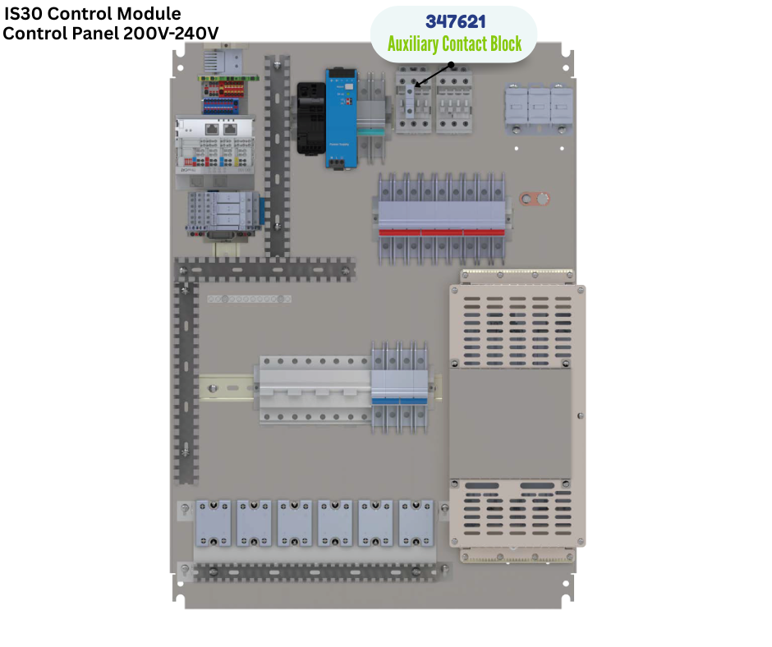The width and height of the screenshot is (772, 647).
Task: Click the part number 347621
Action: pos(456,21)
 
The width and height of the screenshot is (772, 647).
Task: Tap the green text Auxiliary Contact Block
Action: pos(454,44)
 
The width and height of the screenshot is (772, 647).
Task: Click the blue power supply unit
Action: pos(340,119)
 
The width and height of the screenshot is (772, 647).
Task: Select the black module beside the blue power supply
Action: pos(310,118)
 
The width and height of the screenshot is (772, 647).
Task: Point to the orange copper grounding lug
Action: pos(535,199)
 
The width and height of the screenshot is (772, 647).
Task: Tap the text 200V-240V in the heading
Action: pos(171,34)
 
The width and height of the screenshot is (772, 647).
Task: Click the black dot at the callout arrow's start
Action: pos(451,65)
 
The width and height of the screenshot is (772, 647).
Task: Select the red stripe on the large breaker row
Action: pos(442,232)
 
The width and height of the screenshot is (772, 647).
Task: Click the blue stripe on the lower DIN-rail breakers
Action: pos(399,402)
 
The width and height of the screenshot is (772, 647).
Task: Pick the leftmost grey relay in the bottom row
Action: pos(214,523)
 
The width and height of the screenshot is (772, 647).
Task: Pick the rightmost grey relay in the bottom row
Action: pos(416,523)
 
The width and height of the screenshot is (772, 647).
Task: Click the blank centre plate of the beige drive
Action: pos(510,424)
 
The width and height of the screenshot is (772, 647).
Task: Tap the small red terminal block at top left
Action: pos(224,89)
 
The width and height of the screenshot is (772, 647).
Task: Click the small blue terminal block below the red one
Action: pos(221,106)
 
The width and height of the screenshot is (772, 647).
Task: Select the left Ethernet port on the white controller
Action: pos(212,130)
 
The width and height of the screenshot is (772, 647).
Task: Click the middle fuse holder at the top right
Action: pos(539,109)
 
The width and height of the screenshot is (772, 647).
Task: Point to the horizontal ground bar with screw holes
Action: pos(249,299)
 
